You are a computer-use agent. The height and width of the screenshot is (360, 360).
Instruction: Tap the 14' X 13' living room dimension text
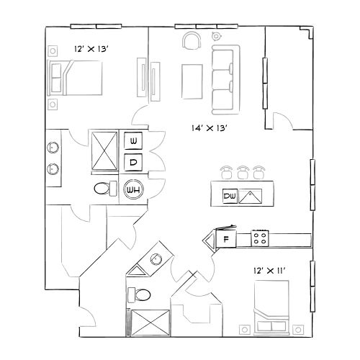tap(210, 129)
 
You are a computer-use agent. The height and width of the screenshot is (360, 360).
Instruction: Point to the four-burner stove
tap(260, 238)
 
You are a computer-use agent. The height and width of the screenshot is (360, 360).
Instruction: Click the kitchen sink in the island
tap(251, 195)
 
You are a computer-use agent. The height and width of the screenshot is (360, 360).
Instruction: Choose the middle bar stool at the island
tap(243, 171)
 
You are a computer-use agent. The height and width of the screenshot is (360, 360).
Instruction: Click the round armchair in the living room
tap(192, 41)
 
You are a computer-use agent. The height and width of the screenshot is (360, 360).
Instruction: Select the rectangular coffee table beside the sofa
tap(192, 81)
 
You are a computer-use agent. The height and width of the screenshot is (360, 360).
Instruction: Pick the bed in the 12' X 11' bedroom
tap(271, 302)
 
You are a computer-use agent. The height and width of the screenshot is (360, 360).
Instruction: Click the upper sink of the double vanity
tap(53, 148)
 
